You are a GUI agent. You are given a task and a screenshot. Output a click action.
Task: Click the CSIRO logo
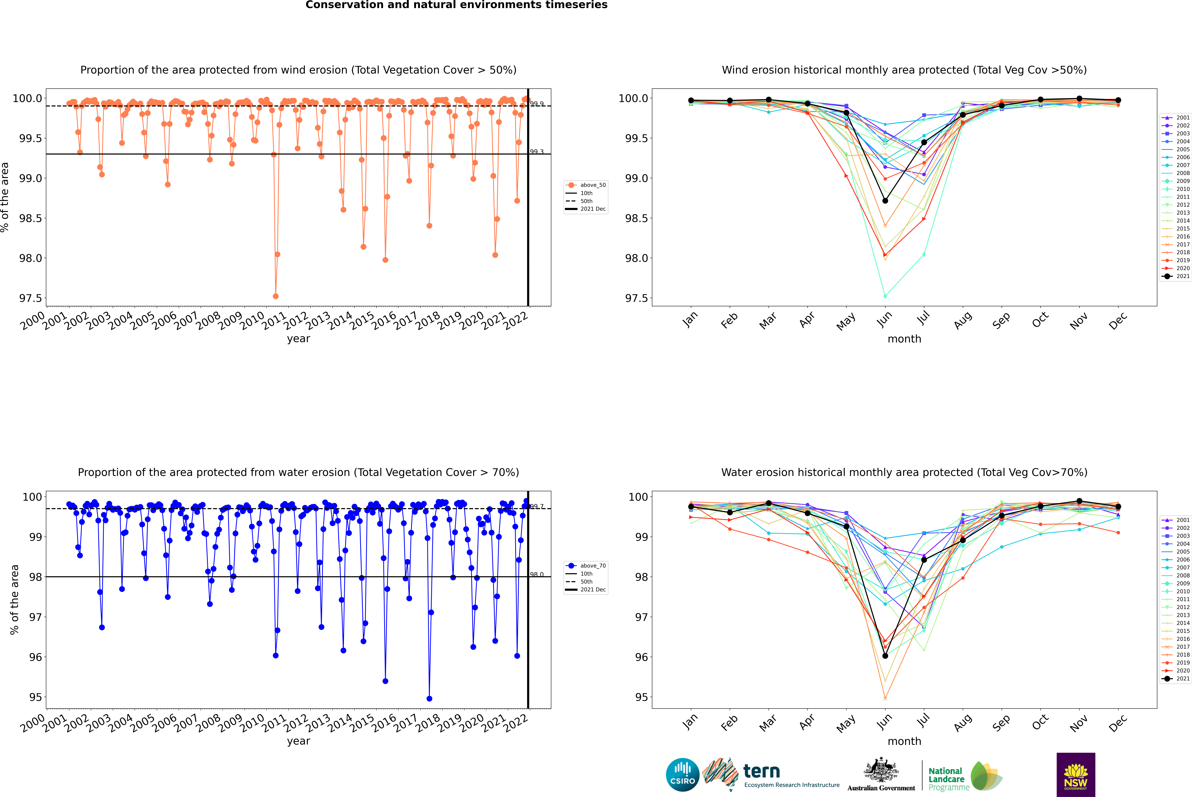[x=682, y=775]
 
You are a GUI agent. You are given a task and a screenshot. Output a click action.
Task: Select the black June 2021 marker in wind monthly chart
[x=885, y=201]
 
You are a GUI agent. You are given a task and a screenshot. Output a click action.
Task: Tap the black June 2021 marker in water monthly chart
[x=885, y=656]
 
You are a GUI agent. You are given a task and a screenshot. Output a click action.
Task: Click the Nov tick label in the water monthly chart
[x=1079, y=723]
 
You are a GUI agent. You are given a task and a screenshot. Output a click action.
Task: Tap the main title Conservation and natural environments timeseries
[x=456, y=5]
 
